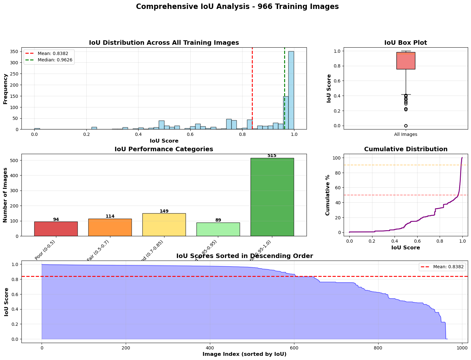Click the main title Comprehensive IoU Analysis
coord(237,7)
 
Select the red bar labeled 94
coord(56,229)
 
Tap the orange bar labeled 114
coord(110,227)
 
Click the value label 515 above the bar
coord(272,156)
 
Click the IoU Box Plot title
coord(405,43)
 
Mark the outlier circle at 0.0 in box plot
coord(406,126)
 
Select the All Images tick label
coord(405,135)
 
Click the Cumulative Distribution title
coord(405,149)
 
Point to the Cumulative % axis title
coord(328,195)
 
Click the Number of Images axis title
coord(5,195)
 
